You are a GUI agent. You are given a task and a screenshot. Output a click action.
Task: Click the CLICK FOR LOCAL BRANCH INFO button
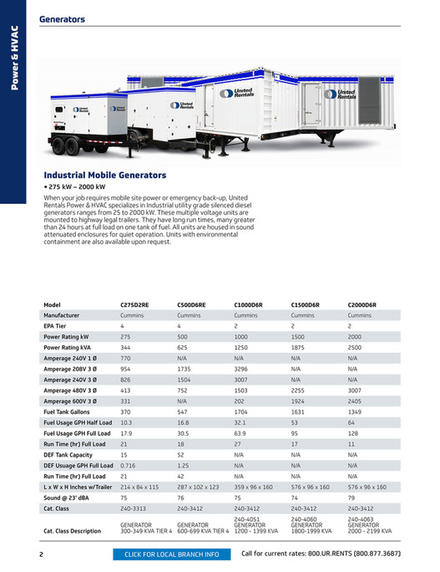coord(171,554)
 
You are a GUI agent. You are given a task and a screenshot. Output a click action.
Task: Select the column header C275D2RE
coord(135,304)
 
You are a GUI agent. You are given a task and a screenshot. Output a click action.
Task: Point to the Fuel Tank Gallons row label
coord(68,411)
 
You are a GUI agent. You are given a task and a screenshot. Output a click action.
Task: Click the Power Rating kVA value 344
coord(126,347)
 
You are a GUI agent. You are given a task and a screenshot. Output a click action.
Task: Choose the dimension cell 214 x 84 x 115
coord(139,486)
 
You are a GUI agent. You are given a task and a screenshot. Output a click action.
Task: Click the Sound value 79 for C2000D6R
coord(351,497)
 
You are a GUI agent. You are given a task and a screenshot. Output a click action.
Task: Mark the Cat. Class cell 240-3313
coord(134,508)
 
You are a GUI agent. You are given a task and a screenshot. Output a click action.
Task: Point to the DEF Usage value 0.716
coord(128,464)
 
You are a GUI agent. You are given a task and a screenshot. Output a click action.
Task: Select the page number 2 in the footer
coord(41,554)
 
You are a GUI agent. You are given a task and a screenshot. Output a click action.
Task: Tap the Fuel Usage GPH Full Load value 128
coord(353,433)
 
